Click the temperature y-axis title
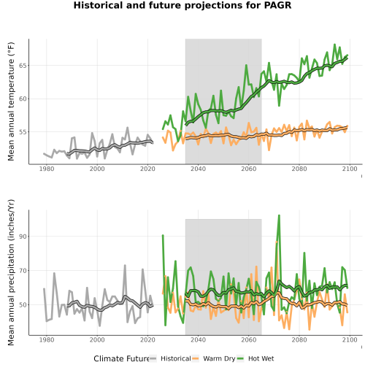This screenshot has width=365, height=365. point(11,101)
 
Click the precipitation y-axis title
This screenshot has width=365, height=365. point(11,272)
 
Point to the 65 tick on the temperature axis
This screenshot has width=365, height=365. point(23,66)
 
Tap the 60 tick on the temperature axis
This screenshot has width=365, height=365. point(23,99)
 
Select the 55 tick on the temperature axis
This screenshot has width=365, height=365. point(23,132)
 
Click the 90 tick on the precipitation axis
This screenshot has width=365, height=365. point(23,237)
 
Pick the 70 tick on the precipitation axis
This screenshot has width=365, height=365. point(23,271)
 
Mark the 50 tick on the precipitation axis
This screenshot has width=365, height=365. point(23,305)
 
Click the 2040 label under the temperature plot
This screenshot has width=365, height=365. point(198,169)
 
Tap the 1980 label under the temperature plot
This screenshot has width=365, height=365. point(47,169)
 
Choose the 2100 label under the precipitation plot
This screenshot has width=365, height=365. point(350,339)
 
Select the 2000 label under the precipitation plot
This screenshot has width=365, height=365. point(97,339)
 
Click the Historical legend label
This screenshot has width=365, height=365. point(176,358)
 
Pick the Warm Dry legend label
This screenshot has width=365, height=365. point(219,359)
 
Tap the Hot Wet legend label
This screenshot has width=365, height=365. point(261,358)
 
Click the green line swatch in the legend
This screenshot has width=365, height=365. point(240,358)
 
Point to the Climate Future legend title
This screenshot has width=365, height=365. point(122,358)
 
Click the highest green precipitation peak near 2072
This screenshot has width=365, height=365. point(279,215)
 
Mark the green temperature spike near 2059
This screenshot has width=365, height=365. point(246,65)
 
